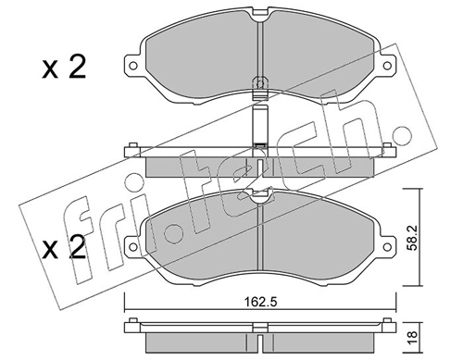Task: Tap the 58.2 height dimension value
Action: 414,237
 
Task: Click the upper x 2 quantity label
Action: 64,68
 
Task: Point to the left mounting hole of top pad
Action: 133,66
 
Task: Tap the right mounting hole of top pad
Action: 387,66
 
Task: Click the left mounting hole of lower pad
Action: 133,247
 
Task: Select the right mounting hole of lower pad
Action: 387,247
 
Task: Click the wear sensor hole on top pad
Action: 260,83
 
